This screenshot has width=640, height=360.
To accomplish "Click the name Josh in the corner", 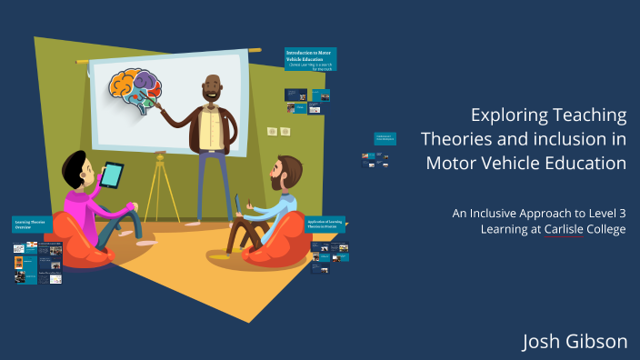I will [x=542, y=341].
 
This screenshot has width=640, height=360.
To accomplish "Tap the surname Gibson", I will [x=596, y=341].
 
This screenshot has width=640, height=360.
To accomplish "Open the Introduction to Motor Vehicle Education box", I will [x=310, y=59].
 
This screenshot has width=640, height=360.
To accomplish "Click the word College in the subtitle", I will [x=605, y=229].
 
